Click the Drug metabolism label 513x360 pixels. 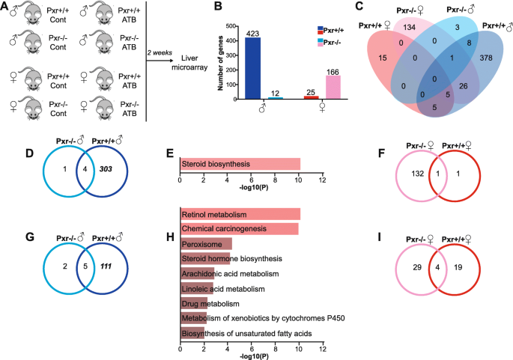(210, 303)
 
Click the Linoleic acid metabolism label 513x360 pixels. (225, 288)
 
